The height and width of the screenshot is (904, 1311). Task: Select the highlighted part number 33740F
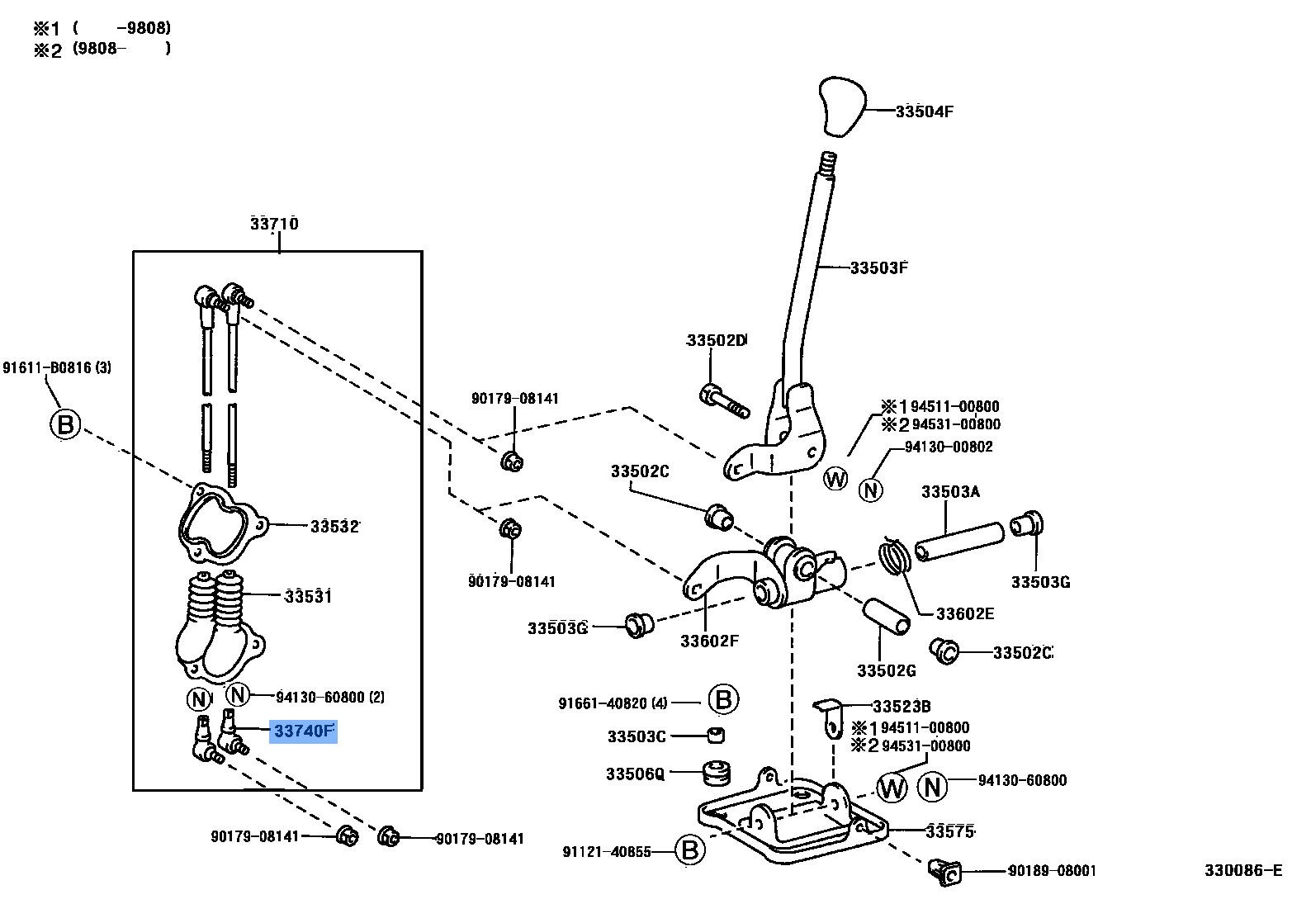pos(304,731)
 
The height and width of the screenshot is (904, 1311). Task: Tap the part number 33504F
pos(925,111)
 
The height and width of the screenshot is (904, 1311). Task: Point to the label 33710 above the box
pos(274,224)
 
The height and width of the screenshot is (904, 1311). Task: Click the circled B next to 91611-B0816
pos(65,424)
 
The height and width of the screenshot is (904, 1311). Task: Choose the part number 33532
pos(335,526)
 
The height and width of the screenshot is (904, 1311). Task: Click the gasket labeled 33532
pos(222,523)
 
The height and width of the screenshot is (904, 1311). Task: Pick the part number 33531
pos(308,596)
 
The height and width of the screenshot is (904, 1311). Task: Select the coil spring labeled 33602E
pos(895,556)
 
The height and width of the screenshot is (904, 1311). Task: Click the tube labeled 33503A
pos(959,542)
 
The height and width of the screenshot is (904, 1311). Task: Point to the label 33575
pos(950,831)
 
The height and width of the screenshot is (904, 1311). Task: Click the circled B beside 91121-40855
pos(690,850)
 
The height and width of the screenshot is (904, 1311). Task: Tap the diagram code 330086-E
pos(1243,870)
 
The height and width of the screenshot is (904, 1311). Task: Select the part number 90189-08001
pos(1052,871)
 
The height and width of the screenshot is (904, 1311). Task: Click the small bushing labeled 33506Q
pos(717,773)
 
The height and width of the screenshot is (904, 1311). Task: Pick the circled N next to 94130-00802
pos(870,490)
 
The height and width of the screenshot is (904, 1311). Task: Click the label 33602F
pos(709,641)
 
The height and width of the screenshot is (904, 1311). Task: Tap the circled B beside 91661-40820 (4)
pos(723,699)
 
